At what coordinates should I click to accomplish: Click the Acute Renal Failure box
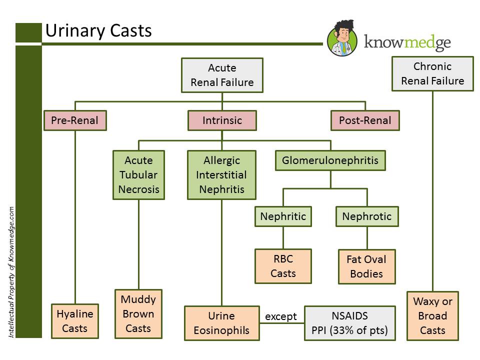click(222, 75)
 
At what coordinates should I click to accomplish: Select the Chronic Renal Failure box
click(432, 74)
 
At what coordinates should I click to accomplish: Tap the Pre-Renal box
click(75, 120)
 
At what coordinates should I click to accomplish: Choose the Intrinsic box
click(222, 120)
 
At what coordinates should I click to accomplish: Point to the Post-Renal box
click(365, 120)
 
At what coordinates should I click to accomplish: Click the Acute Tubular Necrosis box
click(138, 175)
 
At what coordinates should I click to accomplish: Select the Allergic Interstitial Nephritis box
click(221, 175)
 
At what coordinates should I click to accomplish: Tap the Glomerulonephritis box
click(330, 160)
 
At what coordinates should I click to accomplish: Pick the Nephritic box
click(283, 216)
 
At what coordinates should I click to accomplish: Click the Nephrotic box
click(367, 216)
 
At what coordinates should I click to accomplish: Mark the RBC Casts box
click(283, 266)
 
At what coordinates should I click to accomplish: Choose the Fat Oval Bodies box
click(366, 266)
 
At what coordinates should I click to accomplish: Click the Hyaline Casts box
click(75, 321)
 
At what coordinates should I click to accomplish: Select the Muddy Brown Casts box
click(138, 314)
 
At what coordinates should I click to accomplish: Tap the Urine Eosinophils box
click(222, 323)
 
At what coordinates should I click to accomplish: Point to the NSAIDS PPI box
click(350, 323)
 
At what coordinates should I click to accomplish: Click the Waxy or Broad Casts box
click(432, 316)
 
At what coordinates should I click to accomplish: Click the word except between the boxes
click(281, 316)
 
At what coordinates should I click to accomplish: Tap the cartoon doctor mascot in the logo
click(342, 38)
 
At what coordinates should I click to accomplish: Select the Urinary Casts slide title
click(98, 30)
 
